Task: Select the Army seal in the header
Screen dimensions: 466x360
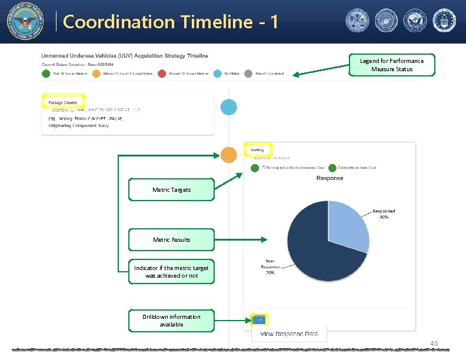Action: [358, 21]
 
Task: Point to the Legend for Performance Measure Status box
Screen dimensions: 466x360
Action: [392, 65]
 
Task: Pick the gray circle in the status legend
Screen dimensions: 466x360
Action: [248, 74]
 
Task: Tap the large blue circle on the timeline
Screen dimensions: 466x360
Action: [228, 107]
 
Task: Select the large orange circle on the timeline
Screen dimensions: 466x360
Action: [229, 155]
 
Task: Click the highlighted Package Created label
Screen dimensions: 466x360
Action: [63, 102]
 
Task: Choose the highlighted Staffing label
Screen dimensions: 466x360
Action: [257, 150]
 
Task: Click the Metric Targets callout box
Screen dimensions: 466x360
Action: [171, 190]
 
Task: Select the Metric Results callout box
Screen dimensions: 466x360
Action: [171, 239]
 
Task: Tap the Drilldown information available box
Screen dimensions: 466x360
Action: [171, 321]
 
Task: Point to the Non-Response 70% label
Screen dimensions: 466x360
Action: [270, 267]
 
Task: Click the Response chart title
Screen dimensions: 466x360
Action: [329, 178]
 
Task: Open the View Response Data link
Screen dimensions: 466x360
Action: [289, 334]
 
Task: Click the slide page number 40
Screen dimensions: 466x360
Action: [435, 344]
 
